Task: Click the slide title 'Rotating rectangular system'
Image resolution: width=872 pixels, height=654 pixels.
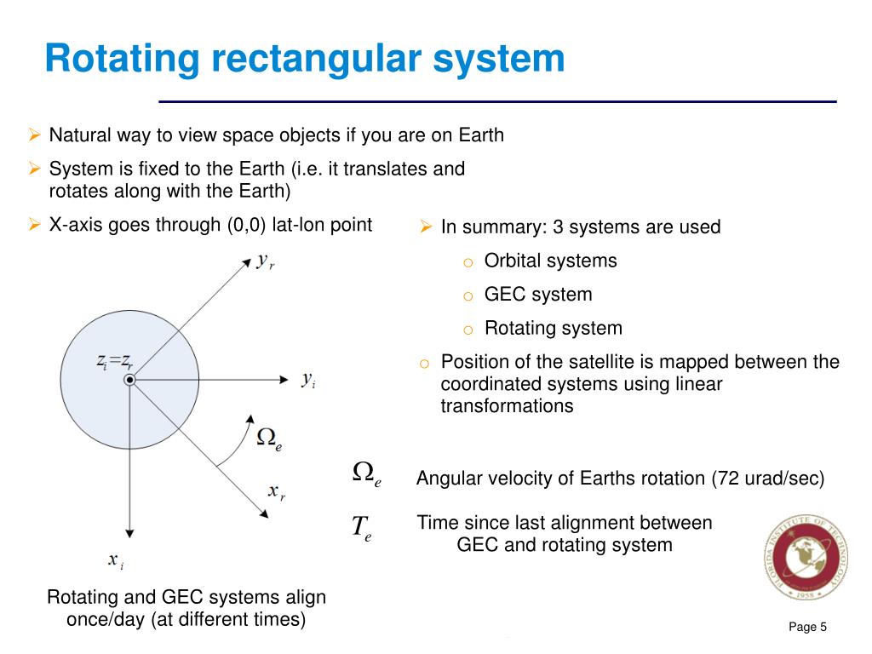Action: [304, 60]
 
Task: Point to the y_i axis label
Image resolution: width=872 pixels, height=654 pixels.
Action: [308, 381]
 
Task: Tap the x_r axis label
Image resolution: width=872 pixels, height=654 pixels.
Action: [276, 491]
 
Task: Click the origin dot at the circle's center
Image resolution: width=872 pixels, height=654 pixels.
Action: [129, 380]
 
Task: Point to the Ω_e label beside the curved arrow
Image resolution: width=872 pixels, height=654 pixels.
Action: [269, 439]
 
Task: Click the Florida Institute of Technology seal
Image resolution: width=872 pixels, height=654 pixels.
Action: [806, 559]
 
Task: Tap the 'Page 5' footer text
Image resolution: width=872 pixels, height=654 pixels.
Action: [808, 628]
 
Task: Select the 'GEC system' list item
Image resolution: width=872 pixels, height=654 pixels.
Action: [537, 295]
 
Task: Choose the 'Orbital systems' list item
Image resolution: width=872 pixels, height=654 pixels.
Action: [550, 261]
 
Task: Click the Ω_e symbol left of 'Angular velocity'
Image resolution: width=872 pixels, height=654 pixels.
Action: [366, 473]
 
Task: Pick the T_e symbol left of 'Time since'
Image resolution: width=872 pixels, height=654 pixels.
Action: [362, 528]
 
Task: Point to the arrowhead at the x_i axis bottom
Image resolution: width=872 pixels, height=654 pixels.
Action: [129, 529]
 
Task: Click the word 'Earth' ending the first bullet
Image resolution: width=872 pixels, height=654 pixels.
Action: [481, 135]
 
